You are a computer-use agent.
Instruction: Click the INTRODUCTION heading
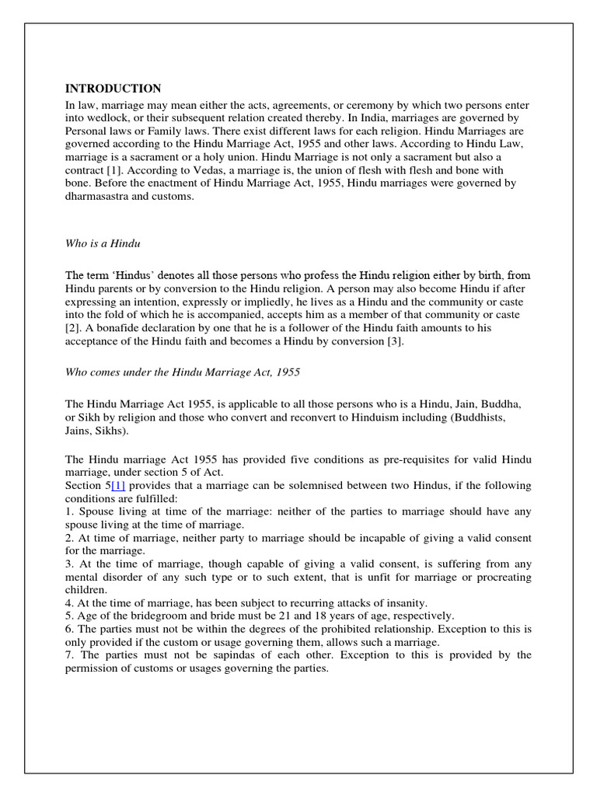[113, 89]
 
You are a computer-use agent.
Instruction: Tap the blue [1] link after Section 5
[118, 485]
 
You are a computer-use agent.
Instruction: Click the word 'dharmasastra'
[96, 197]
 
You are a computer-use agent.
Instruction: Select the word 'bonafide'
[114, 329]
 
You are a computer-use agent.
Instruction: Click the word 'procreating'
[502, 578]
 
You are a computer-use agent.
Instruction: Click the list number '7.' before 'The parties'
[69, 655]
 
